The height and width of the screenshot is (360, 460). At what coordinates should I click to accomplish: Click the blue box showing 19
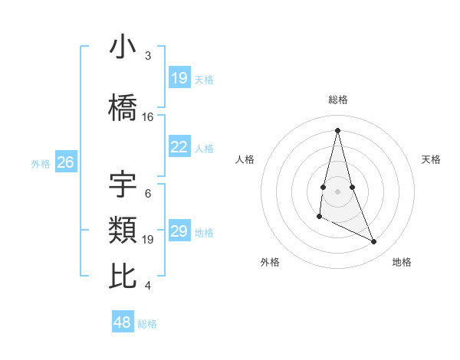point(179,77)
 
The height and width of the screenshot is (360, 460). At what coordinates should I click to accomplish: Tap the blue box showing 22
point(179,147)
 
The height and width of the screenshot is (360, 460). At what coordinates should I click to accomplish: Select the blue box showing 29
point(179,231)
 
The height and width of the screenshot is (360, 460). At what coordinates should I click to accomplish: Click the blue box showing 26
point(65,162)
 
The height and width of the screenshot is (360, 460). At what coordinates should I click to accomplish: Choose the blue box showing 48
point(123,322)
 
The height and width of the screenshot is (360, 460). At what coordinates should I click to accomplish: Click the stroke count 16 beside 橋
point(148,117)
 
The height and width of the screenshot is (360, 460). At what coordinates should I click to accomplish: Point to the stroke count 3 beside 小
point(148,56)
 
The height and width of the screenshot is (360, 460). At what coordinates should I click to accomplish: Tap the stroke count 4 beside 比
point(148,286)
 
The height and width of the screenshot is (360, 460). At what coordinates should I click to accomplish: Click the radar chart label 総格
point(337,100)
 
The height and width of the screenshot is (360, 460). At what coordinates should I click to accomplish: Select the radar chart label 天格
point(432,159)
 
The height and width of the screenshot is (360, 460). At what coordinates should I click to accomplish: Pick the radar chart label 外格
point(270,262)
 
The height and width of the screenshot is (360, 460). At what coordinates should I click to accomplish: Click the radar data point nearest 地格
point(374,242)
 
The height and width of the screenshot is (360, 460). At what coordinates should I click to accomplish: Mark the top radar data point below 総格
point(337,130)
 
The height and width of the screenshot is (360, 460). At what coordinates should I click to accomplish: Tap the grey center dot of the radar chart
point(337,191)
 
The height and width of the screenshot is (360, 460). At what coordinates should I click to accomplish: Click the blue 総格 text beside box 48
point(148,324)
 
